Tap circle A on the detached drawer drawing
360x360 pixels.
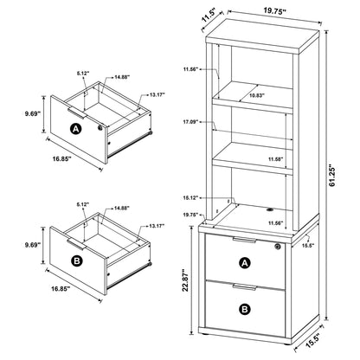[x=76, y=130]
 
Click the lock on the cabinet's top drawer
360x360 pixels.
[x=276, y=248]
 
